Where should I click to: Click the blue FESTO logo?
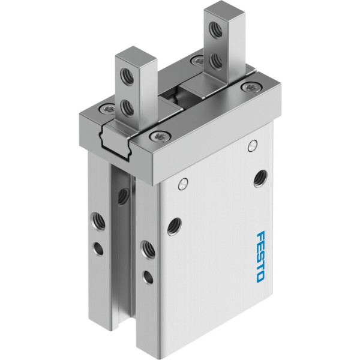pyautogui.click(x=260, y=256)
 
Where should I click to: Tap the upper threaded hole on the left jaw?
pyautogui.click(x=126, y=76)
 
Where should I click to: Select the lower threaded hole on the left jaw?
pyautogui.click(x=127, y=107)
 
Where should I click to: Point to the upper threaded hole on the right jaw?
pyautogui.click(x=215, y=29)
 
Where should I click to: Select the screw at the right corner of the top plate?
pyautogui.click(x=250, y=86)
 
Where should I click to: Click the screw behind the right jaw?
pyautogui.click(x=197, y=60)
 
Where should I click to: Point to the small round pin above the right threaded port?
pyautogui.click(x=253, y=146)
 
